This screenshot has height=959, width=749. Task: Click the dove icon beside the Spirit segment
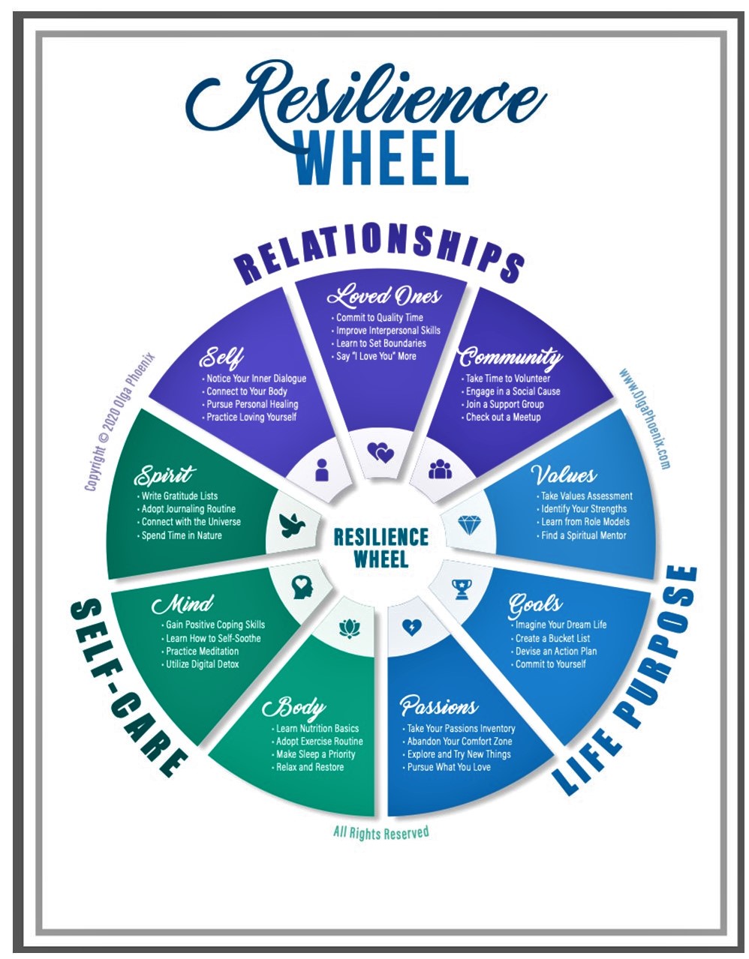tap(291, 524)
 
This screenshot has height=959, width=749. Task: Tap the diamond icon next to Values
tap(470, 524)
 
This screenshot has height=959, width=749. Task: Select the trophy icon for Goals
tap(461, 589)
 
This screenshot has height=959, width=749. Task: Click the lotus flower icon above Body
tap(346, 628)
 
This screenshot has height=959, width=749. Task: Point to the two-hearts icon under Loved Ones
tap(381, 452)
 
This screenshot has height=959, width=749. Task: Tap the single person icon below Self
tap(322, 469)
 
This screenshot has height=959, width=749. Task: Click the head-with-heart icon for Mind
tap(301, 586)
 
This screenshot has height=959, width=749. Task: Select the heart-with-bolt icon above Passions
tap(411, 627)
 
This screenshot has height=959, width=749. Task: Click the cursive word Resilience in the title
tap(375, 96)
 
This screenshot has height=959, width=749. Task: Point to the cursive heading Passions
tap(438, 706)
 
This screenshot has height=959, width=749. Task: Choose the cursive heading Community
tap(510, 357)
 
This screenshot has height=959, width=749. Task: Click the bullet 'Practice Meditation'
tap(202, 651)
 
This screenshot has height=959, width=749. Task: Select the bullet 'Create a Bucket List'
tap(552, 638)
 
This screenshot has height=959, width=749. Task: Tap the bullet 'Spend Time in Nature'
tap(182, 535)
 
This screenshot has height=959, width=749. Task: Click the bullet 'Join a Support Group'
tap(504, 404)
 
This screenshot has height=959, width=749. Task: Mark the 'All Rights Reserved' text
tap(381, 832)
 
